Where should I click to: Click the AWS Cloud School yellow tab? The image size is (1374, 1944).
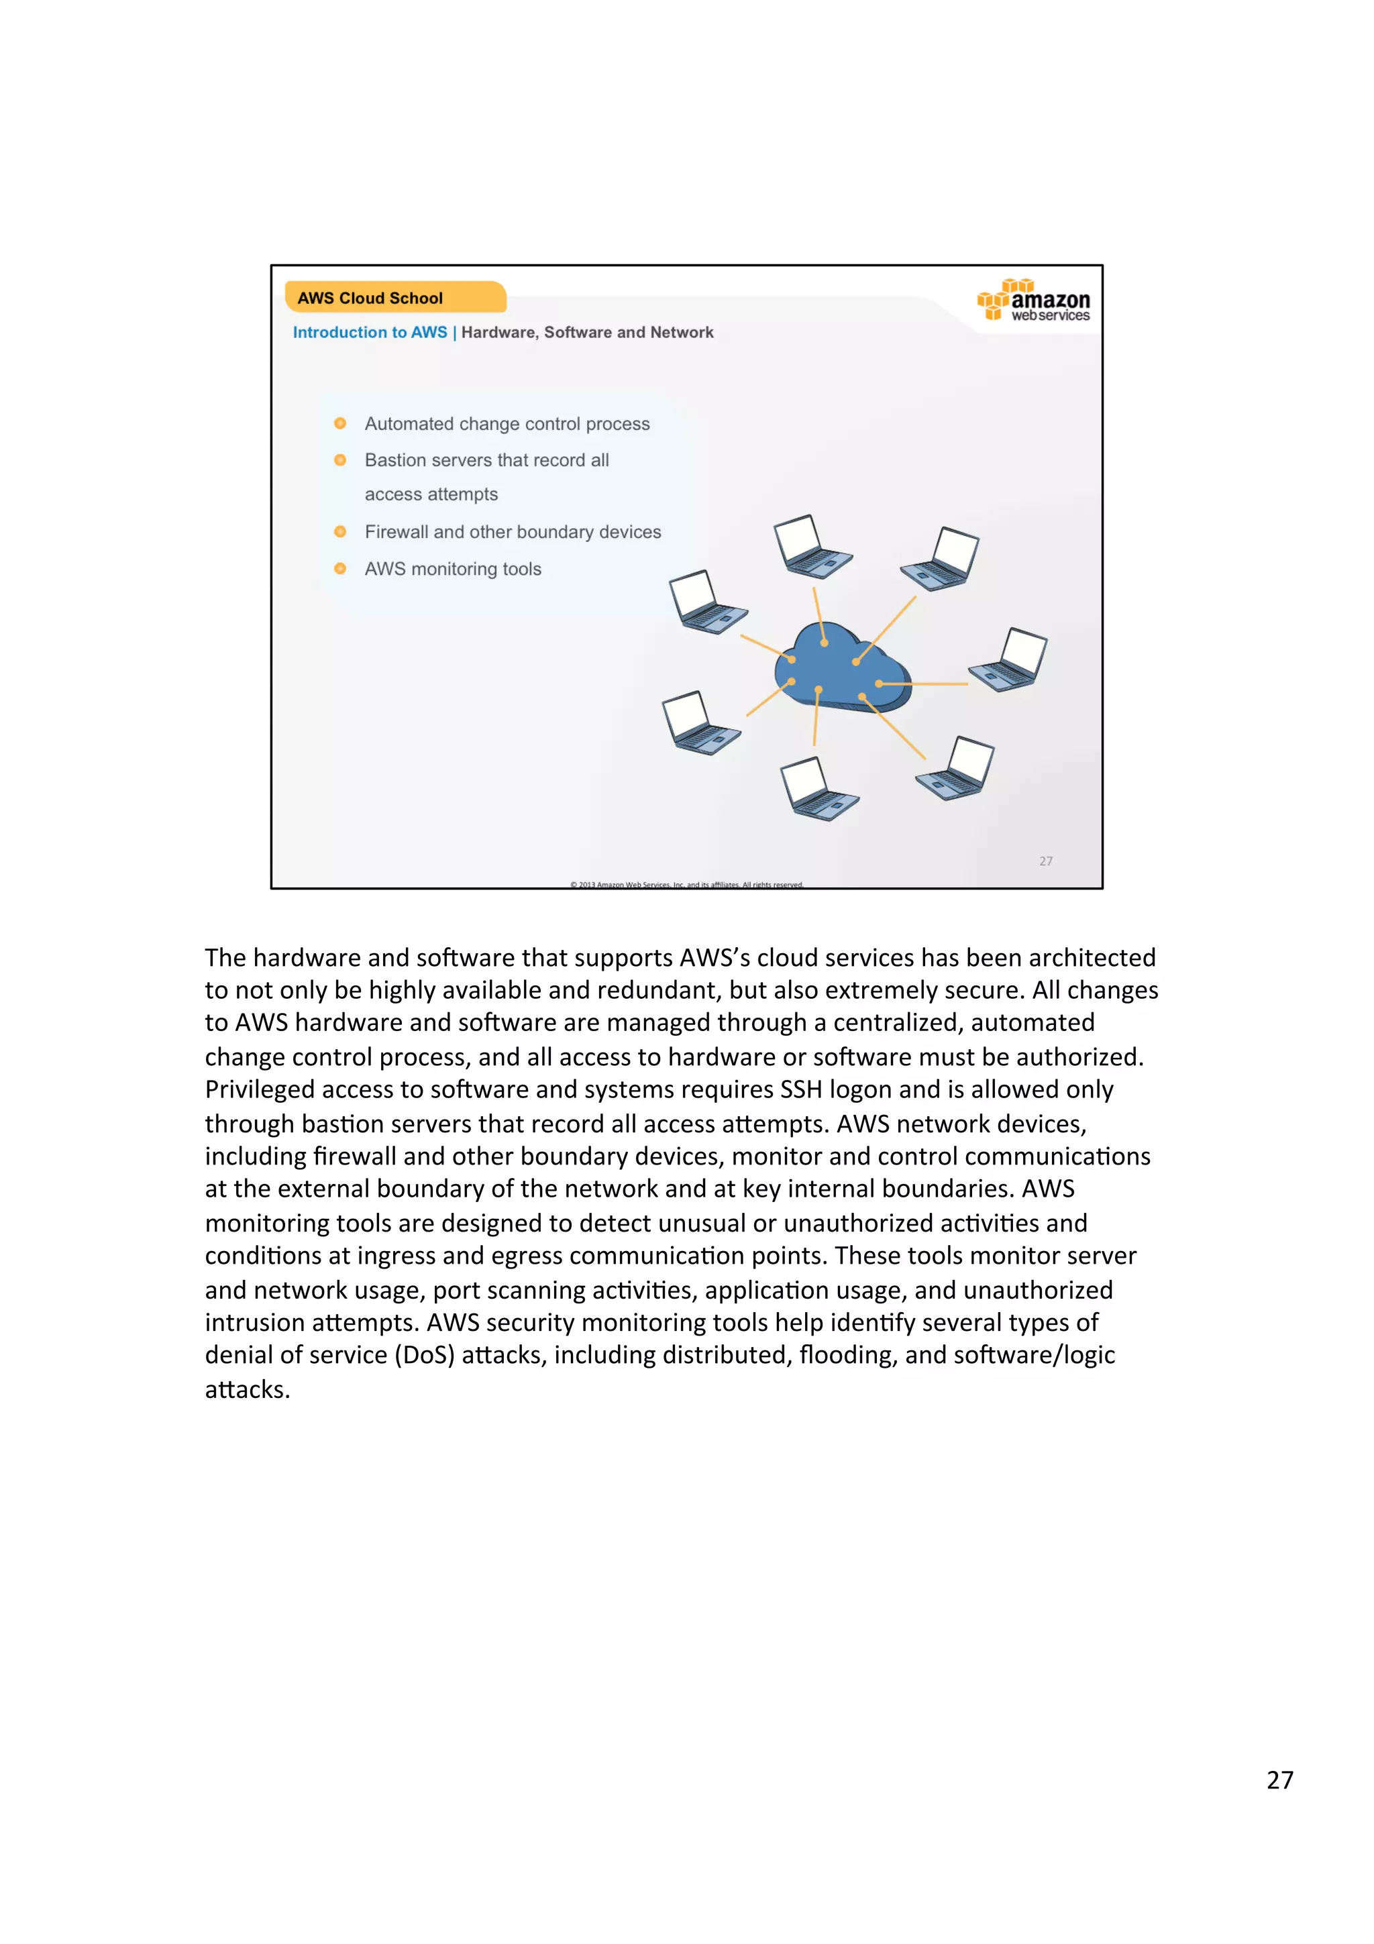[394, 297]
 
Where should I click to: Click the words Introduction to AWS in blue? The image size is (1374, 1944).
[370, 333]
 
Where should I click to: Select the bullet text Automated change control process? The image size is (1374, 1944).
[507, 423]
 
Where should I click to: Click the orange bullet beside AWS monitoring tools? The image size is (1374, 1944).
[340, 569]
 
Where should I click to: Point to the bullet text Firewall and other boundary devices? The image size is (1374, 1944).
[512, 532]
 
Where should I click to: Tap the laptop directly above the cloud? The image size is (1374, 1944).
[811, 547]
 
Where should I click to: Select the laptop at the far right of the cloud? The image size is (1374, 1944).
[1009, 661]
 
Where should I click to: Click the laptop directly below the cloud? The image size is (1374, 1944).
[818, 788]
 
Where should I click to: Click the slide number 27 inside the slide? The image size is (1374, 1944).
[1045, 861]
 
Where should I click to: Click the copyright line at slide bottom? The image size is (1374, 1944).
[686, 884]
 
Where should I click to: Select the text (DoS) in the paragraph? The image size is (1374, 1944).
[424, 1356]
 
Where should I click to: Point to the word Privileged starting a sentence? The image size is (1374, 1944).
[260, 1089]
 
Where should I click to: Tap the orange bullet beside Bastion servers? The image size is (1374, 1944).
[340, 460]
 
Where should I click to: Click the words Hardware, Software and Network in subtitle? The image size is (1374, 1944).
[586, 333]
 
